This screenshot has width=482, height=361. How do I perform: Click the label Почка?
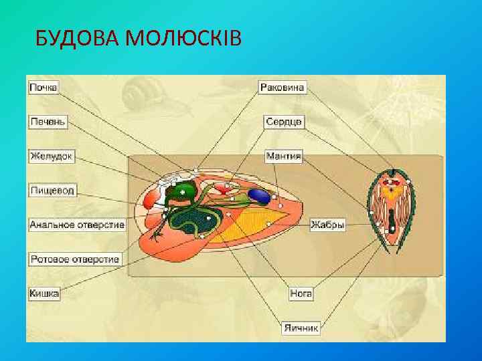[x=44, y=87]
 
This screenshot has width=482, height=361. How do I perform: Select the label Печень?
[x=48, y=122]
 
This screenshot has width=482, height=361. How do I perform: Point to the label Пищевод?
[x=53, y=191]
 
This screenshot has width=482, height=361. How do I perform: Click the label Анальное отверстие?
[x=77, y=225]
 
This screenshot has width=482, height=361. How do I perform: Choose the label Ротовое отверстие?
[x=74, y=259]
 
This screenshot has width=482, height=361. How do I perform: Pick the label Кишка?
[x=44, y=292]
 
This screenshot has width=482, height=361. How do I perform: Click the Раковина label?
[x=282, y=87]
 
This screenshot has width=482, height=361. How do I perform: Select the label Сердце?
[x=285, y=122]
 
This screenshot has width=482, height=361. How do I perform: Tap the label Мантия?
[x=283, y=156]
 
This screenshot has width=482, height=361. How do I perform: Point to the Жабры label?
[x=328, y=225]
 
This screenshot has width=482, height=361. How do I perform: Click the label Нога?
[x=301, y=293]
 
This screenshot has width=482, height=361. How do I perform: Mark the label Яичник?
[x=301, y=328]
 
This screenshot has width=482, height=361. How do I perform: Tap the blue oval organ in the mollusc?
[x=259, y=196]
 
